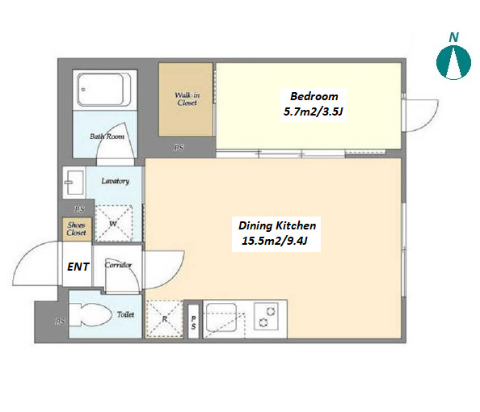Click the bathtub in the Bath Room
pos(104,90)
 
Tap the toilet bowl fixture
pos(91,314)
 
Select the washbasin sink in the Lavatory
pos(74,183)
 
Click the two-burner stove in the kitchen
pos(266,317)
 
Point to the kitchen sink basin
pos(221,317)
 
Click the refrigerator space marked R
pos(164,319)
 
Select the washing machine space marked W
pos(114,223)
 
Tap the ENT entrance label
pos(78,267)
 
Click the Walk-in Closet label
pos(187,99)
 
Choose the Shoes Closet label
pos(76,229)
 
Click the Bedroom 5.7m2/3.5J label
pos(314,104)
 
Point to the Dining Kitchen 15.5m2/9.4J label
pos(276,233)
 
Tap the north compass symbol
pos(453,62)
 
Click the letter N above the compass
pos(453,37)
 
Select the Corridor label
pos(118,265)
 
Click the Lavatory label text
pos(116,181)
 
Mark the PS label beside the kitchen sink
pos(193,323)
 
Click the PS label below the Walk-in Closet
pos(179,148)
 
